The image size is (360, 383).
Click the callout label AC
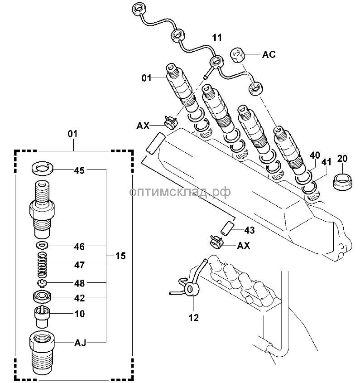pos(269,55)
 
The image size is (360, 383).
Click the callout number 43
pos(249,230)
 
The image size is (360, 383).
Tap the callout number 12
pos(193,317)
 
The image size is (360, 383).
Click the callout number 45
pos(80,170)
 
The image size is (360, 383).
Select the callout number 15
pos(120,256)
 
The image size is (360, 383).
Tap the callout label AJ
pos(80,343)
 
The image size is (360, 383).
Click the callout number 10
pos(80,313)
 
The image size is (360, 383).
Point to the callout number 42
pos(80,298)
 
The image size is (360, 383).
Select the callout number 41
pos(326,161)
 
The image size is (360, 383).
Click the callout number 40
pos(315,155)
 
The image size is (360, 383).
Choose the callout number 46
pos(80,247)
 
